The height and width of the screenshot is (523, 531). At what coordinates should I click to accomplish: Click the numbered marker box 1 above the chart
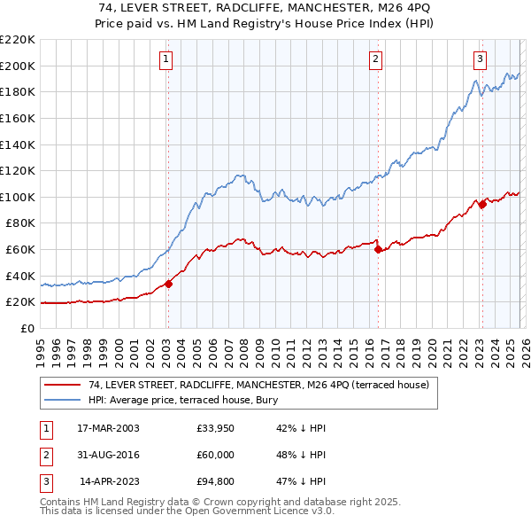(x=166, y=59)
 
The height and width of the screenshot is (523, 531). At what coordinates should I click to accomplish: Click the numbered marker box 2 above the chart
(x=376, y=59)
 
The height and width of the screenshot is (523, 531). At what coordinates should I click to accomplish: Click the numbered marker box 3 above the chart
(x=480, y=59)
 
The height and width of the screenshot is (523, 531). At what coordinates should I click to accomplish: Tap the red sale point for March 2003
(x=168, y=284)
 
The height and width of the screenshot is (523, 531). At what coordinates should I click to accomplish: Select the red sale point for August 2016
(x=379, y=249)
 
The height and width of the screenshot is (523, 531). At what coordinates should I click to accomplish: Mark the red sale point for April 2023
(x=482, y=204)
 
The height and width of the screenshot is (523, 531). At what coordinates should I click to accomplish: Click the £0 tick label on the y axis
(x=28, y=328)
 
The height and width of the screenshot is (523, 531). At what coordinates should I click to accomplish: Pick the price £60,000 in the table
(x=216, y=457)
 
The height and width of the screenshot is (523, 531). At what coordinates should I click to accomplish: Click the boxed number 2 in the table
(x=43, y=457)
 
